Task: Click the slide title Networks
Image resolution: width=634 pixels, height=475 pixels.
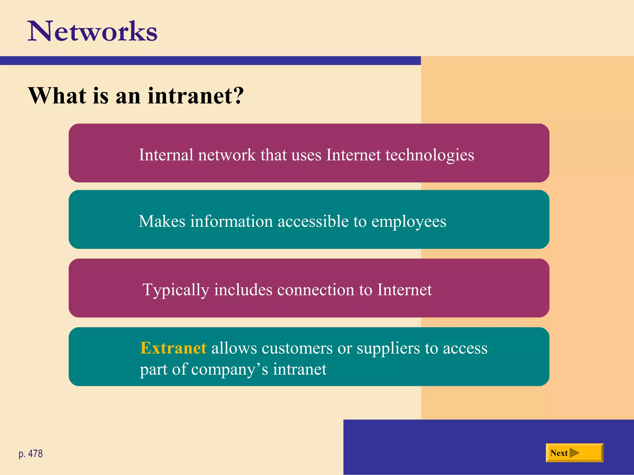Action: pyautogui.click(x=93, y=31)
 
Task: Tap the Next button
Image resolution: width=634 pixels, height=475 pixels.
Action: pyautogui.click(x=574, y=453)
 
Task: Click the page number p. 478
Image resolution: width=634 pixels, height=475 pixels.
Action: pyautogui.click(x=31, y=454)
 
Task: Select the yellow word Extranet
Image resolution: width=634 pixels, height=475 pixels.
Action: pyautogui.click(x=173, y=348)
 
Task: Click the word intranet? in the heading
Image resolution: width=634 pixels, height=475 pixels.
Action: pyautogui.click(x=196, y=96)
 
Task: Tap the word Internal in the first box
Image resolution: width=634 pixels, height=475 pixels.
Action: pyautogui.click(x=166, y=155)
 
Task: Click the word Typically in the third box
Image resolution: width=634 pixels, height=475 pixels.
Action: pyautogui.click(x=176, y=290)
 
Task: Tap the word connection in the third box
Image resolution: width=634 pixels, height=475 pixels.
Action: pyautogui.click(x=315, y=290)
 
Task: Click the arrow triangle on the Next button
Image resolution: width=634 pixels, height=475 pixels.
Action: pyautogui.click(x=574, y=453)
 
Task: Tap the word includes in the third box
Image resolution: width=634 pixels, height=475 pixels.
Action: pyautogui.click(x=243, y=290)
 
